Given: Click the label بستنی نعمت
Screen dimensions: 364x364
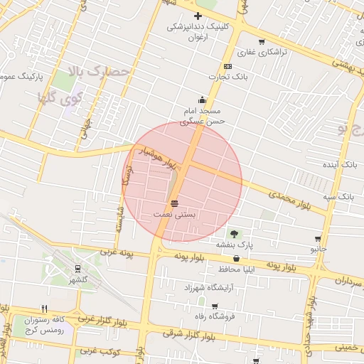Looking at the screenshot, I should pos(175,214).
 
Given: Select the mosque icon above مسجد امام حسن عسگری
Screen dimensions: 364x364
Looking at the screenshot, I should pos(203,100).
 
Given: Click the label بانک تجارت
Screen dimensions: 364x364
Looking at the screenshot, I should pos(221,76).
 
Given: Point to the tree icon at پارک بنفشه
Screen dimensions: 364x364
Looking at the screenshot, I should pos(235,233).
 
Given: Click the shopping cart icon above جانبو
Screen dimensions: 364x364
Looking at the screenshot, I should pos(317,240).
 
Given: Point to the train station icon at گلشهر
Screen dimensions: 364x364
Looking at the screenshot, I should pos(76,269).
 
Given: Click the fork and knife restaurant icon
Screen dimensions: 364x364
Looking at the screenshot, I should pos(45,309).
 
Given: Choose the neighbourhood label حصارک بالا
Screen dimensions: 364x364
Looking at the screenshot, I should pos(101,71).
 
